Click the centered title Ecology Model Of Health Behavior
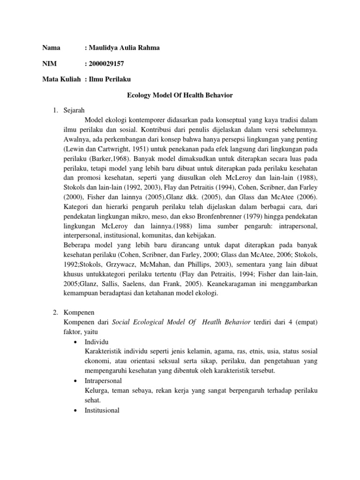click(180, 95)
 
